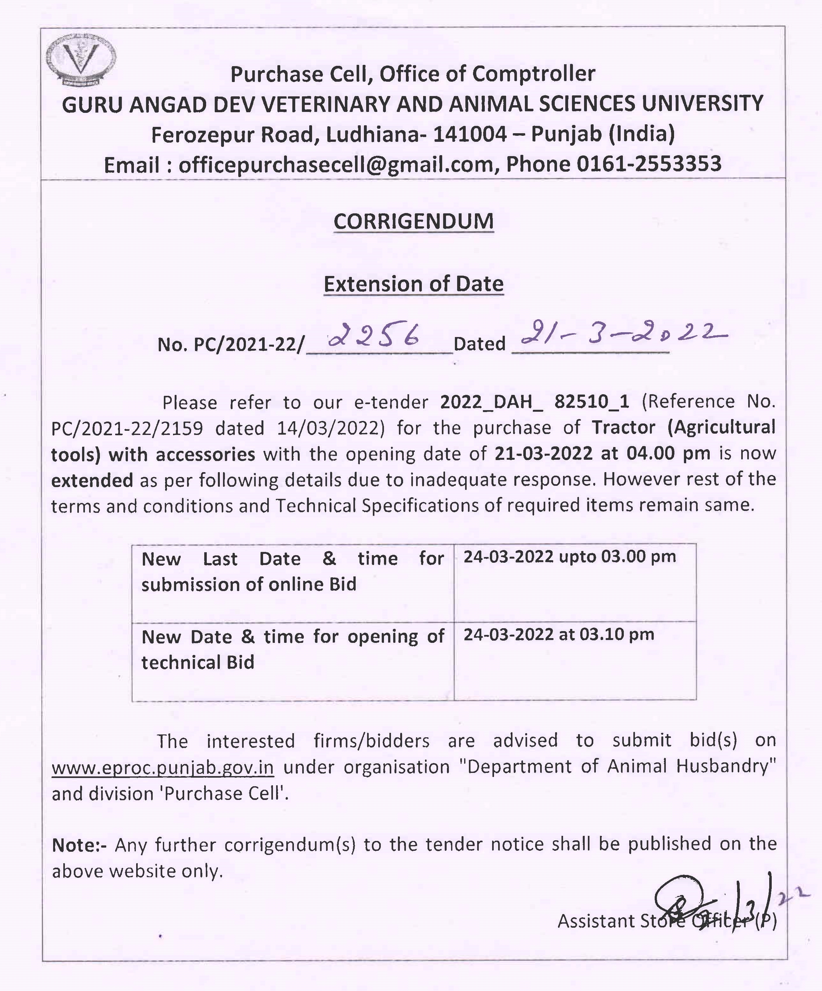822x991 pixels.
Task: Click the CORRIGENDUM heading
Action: (413, 221)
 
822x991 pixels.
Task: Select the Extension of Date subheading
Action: (413, 284)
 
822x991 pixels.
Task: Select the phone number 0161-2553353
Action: (649, 164)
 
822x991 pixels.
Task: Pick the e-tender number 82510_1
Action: (592, 402)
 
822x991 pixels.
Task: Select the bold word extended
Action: (92, 480)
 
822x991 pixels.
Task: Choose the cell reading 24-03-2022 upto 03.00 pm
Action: (569, 557)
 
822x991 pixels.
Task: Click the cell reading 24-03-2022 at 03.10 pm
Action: (559, 635)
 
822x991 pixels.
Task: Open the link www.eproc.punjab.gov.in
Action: (163, 767)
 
